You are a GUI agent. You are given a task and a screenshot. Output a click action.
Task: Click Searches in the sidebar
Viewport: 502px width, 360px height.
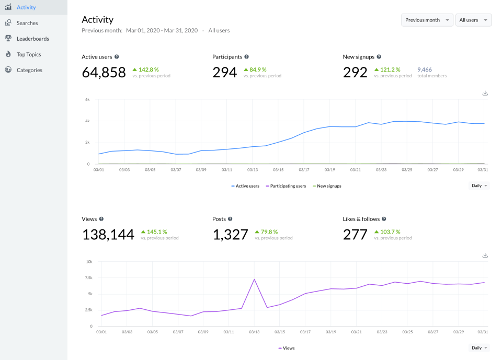point(27,23)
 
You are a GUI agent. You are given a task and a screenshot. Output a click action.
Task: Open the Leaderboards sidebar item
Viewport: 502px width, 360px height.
point(32,39)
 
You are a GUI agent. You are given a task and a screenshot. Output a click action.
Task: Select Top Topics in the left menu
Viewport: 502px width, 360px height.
point(28,54)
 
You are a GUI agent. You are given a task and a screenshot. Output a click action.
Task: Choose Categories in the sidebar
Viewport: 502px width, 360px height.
point(29,70)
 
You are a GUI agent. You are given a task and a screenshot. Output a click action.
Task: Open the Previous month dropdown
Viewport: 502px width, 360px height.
point(427,20)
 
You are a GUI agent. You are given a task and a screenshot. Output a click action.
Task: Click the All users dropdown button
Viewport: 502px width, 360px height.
point(473,20)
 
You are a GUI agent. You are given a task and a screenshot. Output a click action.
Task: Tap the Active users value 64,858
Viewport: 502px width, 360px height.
point(104,72)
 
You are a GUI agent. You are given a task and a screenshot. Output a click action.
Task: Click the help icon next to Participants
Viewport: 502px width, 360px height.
point(247,56)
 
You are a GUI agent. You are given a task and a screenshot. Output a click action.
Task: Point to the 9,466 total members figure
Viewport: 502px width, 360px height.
point(424,69)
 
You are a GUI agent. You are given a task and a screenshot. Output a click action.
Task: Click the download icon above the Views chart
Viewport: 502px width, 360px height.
point(485,256)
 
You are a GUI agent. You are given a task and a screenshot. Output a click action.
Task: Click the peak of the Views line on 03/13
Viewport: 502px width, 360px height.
point(254,279)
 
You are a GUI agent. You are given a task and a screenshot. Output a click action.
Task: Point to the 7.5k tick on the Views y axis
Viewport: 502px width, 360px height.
point(89,277)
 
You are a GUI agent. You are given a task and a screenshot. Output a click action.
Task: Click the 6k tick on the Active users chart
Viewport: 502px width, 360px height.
point(87,99)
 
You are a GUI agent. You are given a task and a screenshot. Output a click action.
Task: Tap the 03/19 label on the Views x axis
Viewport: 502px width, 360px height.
point(329,331)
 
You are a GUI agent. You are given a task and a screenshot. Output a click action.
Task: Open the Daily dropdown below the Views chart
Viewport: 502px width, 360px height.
point(480,348)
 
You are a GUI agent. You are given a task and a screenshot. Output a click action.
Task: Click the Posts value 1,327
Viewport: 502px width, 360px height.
point(230,234)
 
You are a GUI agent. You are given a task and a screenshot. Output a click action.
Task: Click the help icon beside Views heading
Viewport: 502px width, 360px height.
point(101,219)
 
